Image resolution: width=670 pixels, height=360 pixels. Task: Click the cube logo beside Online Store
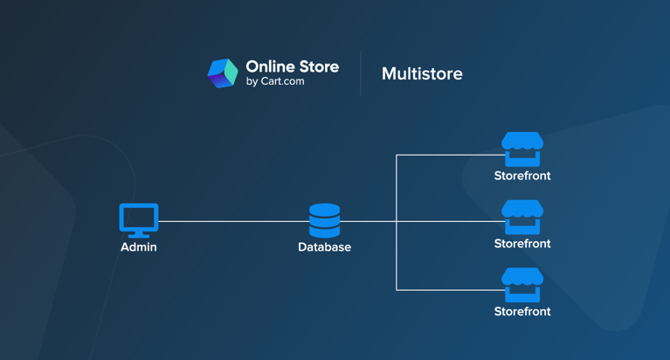pos(222,73)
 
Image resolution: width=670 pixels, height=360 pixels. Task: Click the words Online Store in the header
pos(292,66)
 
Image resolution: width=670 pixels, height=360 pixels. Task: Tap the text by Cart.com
pos(275,82)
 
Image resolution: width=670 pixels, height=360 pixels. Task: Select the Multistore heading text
pos(422,74)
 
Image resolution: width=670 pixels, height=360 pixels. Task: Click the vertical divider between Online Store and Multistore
pos(361,73)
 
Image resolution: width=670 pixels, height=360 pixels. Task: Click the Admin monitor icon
pos(139,218)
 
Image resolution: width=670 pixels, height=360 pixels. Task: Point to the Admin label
pos(139,247)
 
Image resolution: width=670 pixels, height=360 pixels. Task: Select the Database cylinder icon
pos(324,221)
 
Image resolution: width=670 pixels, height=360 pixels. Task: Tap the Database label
pos(324,247)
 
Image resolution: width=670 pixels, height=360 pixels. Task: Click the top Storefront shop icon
pos(522,149)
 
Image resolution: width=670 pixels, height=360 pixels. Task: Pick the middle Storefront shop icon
pos(522,217)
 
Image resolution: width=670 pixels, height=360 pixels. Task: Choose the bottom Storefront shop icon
pos(522,285)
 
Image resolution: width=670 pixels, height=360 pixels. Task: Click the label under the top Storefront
pos(522,176)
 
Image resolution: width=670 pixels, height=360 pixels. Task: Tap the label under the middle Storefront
pos(522,244)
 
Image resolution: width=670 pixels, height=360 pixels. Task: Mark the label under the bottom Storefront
pos(522,312)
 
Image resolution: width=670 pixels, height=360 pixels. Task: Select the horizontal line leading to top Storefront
pos(446,156)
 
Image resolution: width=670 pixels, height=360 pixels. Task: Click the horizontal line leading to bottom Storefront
pos(446,289)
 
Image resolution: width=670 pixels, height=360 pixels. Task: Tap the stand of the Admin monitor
pos(139,234)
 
